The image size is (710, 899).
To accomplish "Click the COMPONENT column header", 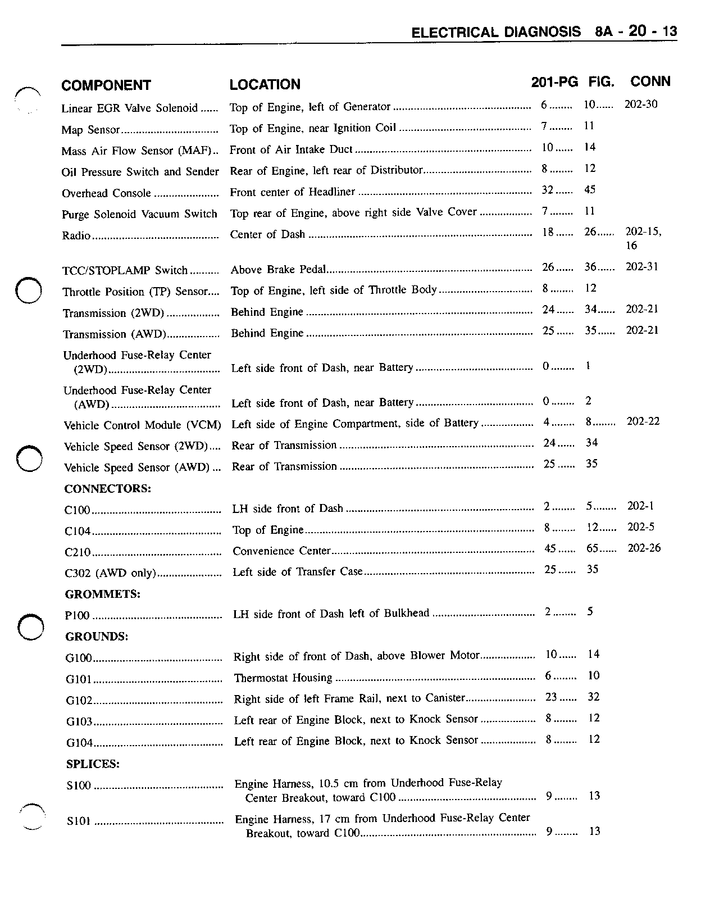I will (x=106, y=85).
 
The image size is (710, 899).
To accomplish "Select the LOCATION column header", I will (x=265, y=84).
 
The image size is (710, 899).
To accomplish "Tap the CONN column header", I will (x=650, y=81).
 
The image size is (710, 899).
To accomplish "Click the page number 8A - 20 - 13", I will (x=636, y=31).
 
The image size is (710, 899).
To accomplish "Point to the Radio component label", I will (x=76, y=235).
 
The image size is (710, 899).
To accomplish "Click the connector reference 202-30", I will (x=641, y=105).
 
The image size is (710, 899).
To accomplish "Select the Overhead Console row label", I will (x=106, y=193).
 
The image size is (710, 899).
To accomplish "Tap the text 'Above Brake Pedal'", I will (x=278, y=270).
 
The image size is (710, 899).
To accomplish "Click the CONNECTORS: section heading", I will (x=107, y=489).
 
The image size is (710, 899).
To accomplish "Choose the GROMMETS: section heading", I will (x=103, y=594).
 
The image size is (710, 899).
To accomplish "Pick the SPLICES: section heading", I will (x=93, y=764).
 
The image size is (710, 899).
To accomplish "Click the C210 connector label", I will (x=78, y=552).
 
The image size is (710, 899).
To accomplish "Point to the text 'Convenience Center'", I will (x=281, y=551).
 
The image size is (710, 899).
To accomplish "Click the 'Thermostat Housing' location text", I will (x=283, y=678).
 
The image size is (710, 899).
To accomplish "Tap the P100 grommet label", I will (x=78, y=616).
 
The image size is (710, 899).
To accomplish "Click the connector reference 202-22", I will (x=643, y=421).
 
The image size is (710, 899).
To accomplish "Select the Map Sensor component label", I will (x=90, y=130).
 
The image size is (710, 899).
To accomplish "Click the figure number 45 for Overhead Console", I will (x=590, y=190).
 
